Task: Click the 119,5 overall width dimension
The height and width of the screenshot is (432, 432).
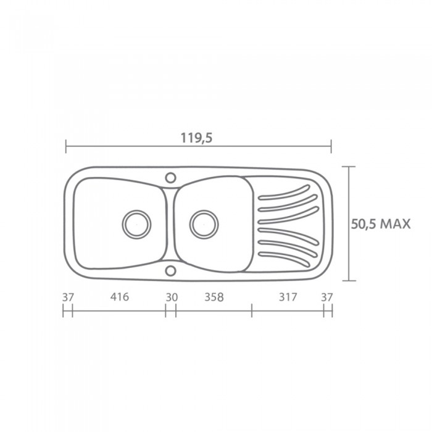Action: click(x=196, y=138)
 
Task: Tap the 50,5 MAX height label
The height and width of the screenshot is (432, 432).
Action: click(x=381, y=224)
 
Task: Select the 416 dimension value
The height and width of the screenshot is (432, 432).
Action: click(x=120, y=297)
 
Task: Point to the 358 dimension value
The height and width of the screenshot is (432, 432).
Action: click(x=214, y=297)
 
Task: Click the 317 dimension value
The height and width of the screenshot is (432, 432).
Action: click(x=288, y=297)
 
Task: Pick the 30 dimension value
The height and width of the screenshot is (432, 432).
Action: click(x=172, y=297)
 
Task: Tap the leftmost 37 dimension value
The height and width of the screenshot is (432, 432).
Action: click(x=68, y=297)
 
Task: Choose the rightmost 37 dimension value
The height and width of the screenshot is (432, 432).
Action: click(x=327, y=297)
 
